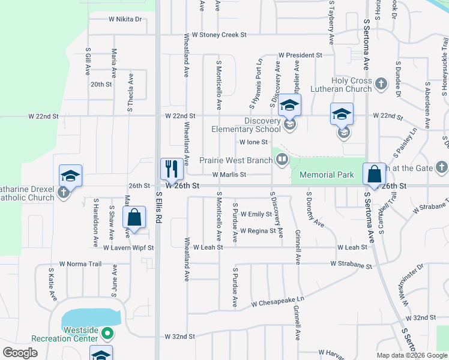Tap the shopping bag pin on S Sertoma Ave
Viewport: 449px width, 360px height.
coord(374,174)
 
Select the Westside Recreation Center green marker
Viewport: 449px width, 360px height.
coord(107,332)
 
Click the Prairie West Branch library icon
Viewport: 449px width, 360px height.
coord(281,159)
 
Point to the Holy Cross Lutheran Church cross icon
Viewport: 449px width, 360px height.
coord(381,85)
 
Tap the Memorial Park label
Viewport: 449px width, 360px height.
coord(327,175)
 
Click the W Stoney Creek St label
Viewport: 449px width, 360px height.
coord(215,35)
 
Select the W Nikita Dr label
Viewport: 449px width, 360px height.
coord(125,19)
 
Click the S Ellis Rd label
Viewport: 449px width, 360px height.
coord(158,207)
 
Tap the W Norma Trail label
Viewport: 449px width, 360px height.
coord(80,264)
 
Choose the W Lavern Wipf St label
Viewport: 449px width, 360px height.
coord(128,247)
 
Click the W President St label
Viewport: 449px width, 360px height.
coord(300,55)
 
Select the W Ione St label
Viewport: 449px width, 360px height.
coord(253,142)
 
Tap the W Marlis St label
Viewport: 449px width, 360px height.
coord(229,175)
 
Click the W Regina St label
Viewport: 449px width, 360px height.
coord(258,230)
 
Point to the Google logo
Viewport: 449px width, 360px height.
coord(20,353)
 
